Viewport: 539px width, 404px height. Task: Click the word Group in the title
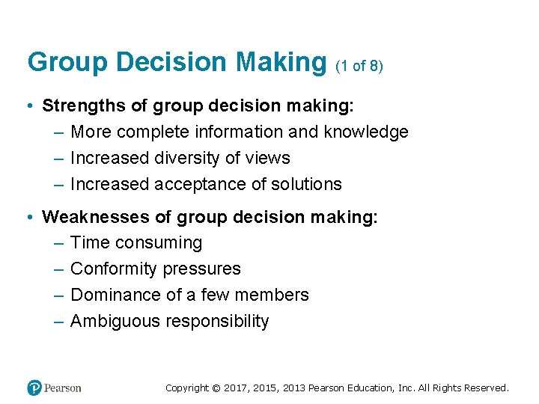(58, 63)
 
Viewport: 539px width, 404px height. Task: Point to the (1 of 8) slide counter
(359, 66)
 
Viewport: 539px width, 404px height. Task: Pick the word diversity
(188, 159)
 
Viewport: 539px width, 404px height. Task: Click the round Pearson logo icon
(34, 388)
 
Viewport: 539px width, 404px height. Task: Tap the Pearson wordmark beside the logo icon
(62, 388)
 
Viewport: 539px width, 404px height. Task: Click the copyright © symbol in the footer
(216, 388)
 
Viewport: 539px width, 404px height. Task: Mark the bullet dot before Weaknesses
(28, 218)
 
